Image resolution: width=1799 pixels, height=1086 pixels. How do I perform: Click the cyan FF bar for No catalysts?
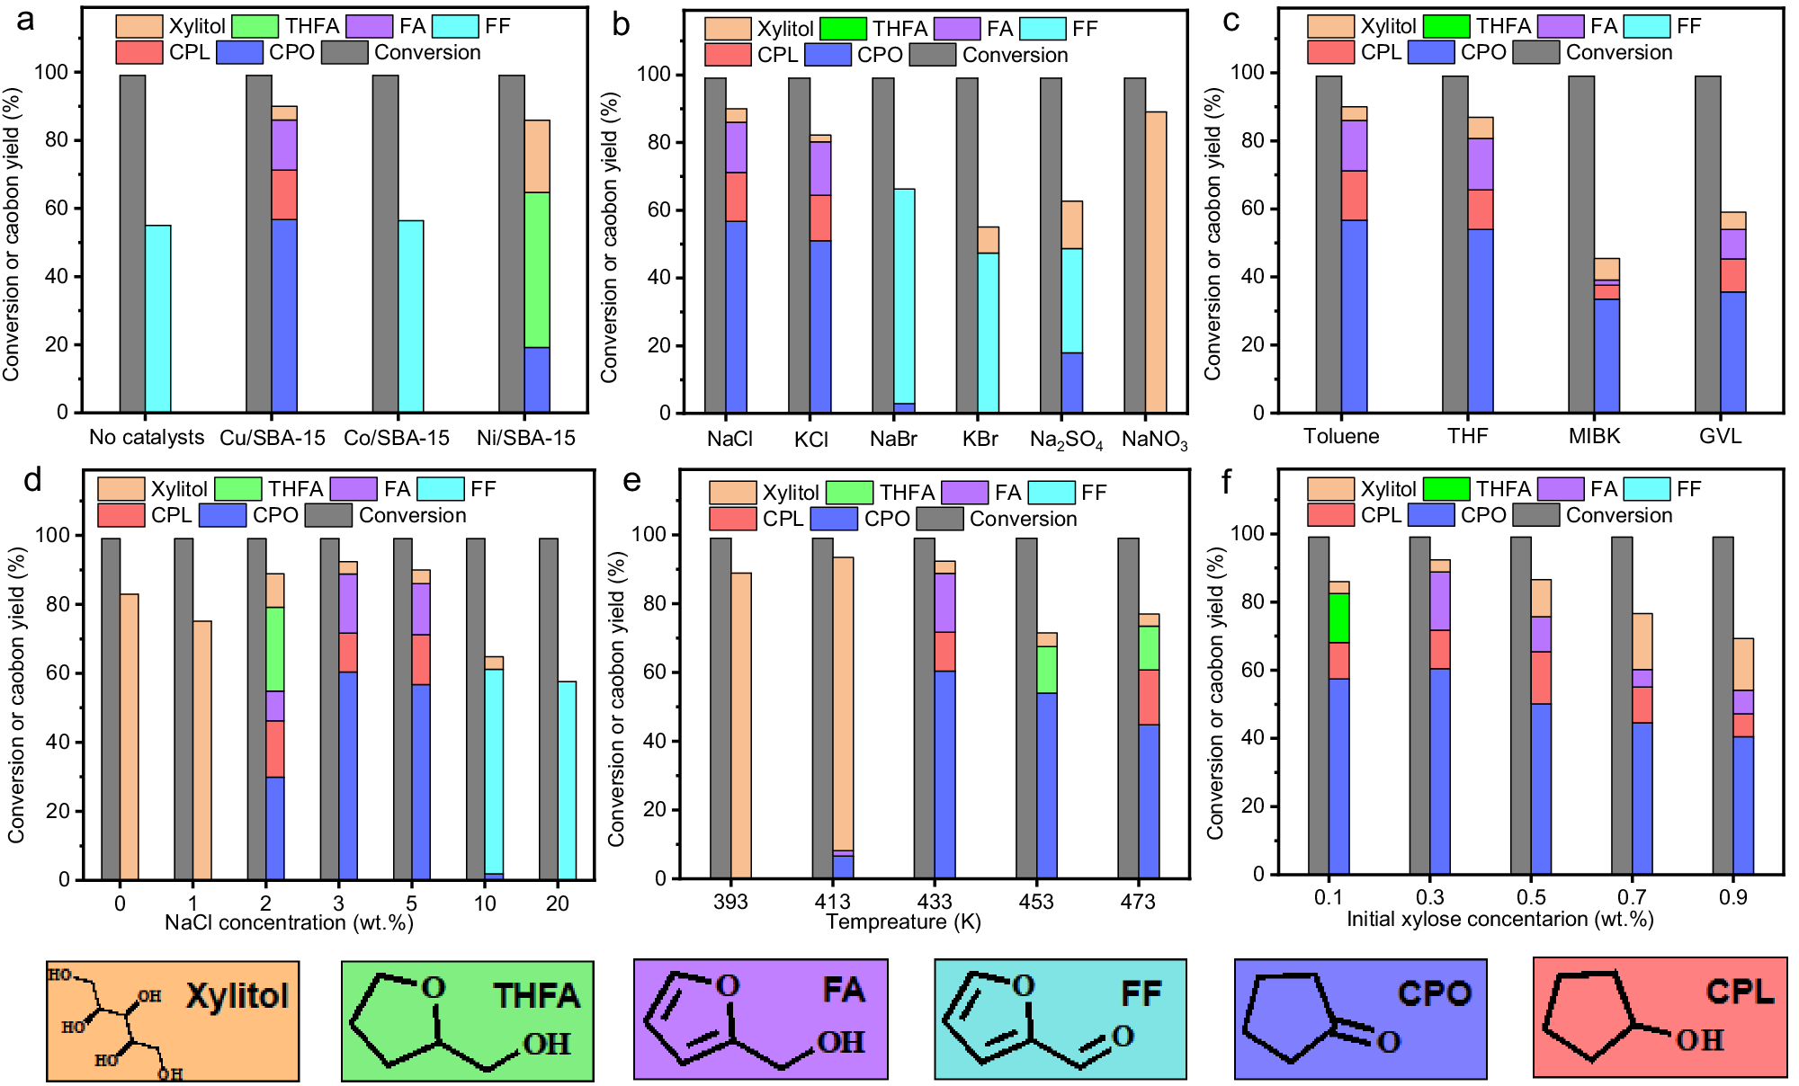(158, 318)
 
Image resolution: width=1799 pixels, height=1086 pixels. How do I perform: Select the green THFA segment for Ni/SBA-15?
(537, 270)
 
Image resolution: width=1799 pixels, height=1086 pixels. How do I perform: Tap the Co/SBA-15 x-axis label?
(396, 438)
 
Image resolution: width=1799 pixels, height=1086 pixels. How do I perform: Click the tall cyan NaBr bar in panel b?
(904, 297)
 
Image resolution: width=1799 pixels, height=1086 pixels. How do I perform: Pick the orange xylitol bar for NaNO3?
(1156, 262)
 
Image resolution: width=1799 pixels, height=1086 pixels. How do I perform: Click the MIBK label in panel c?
(1594, 436)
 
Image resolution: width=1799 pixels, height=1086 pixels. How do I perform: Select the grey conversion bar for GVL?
(1707, 244)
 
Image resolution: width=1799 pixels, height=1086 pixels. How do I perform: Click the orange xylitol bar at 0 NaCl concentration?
(130, 736)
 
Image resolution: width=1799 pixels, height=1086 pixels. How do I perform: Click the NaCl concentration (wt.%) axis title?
(289, 922)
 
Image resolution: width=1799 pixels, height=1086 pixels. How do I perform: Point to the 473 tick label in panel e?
(1137, 902)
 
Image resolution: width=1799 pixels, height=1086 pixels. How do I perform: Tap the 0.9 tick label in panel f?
(1732, 897)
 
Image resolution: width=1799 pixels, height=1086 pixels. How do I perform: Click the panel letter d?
(32, 481)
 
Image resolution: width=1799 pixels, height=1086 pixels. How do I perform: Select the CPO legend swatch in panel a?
(239, 52)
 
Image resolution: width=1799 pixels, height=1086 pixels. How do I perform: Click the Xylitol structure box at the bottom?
(173, 1020)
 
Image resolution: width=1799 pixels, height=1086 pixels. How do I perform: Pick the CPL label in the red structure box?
(1740, 992)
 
